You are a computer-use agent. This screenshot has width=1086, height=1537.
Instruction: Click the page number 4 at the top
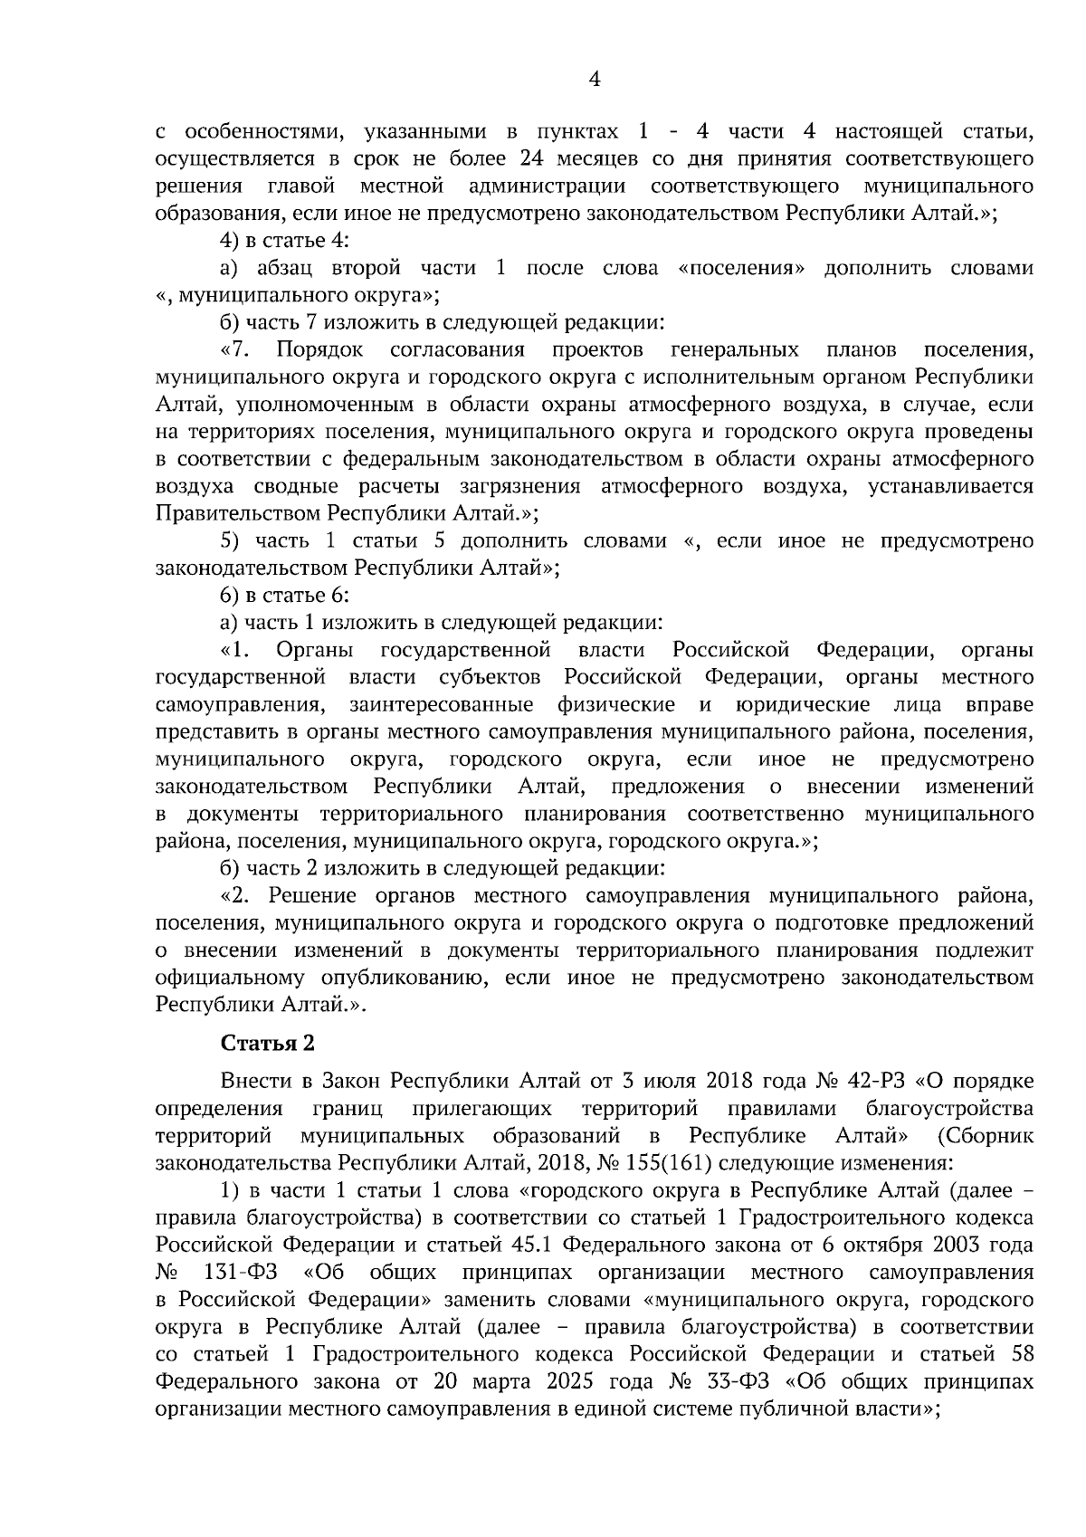[x=595, y=80]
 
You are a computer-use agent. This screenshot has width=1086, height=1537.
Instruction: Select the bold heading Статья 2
[x=268, y=1043]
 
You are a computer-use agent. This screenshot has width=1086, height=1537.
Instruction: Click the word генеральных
[x=735, y=349]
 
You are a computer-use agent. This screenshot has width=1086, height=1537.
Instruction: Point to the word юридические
[x=803, y=704]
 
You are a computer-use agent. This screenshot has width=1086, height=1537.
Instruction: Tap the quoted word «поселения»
[x=740, y=268]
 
